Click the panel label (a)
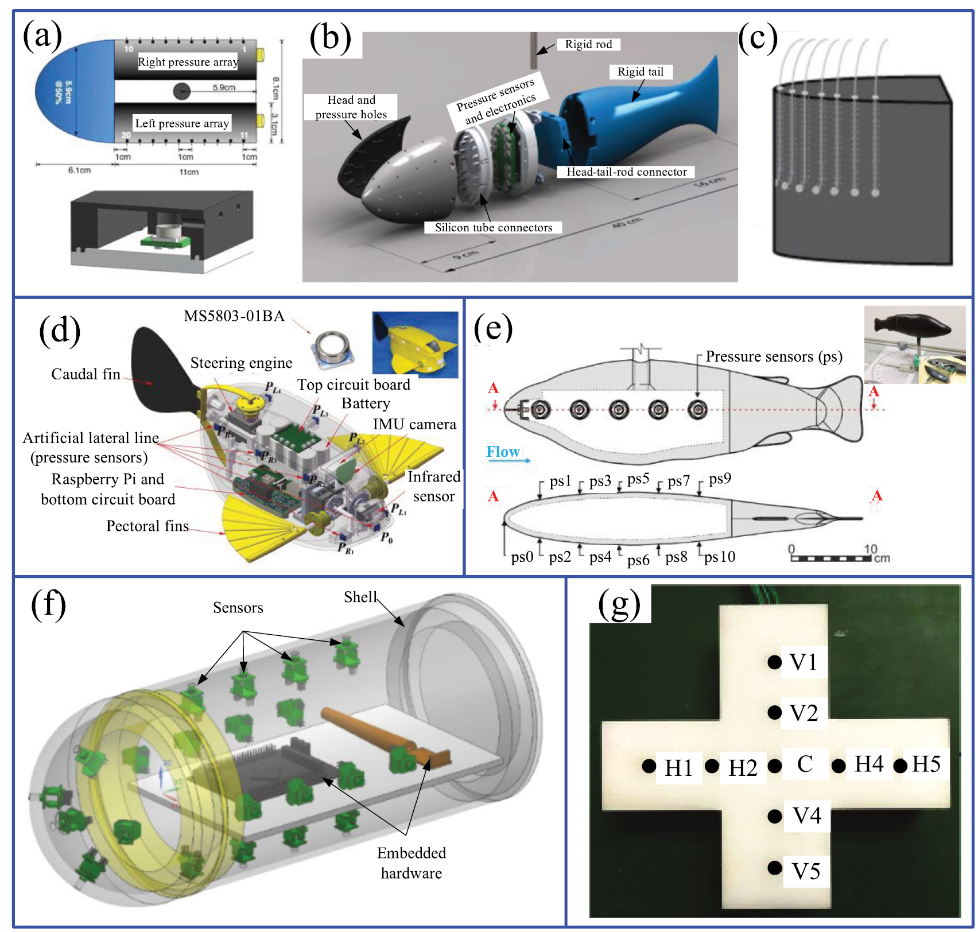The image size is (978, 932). [42, 36]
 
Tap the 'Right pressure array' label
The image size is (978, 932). [188, 62]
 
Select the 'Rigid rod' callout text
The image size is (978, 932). [588, 44]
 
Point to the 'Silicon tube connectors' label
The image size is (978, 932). [493, 227]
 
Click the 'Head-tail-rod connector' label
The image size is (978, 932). [626, 172]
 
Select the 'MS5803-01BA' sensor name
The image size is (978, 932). [234, 316]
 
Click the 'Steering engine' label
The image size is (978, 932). [241, 363]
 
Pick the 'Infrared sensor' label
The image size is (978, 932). [434, 486]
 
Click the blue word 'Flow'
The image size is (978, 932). [503, 452]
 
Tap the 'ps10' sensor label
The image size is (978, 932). [720, 557]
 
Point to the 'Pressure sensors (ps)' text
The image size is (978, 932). [774, 356]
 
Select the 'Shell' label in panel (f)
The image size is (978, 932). [360, 597]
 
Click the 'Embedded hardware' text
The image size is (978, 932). [412, 863]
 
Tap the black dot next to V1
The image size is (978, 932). [774, 662]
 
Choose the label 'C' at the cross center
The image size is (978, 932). [805, 764]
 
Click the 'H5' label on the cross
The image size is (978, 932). [926, 764]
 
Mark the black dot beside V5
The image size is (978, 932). [774, 868]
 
